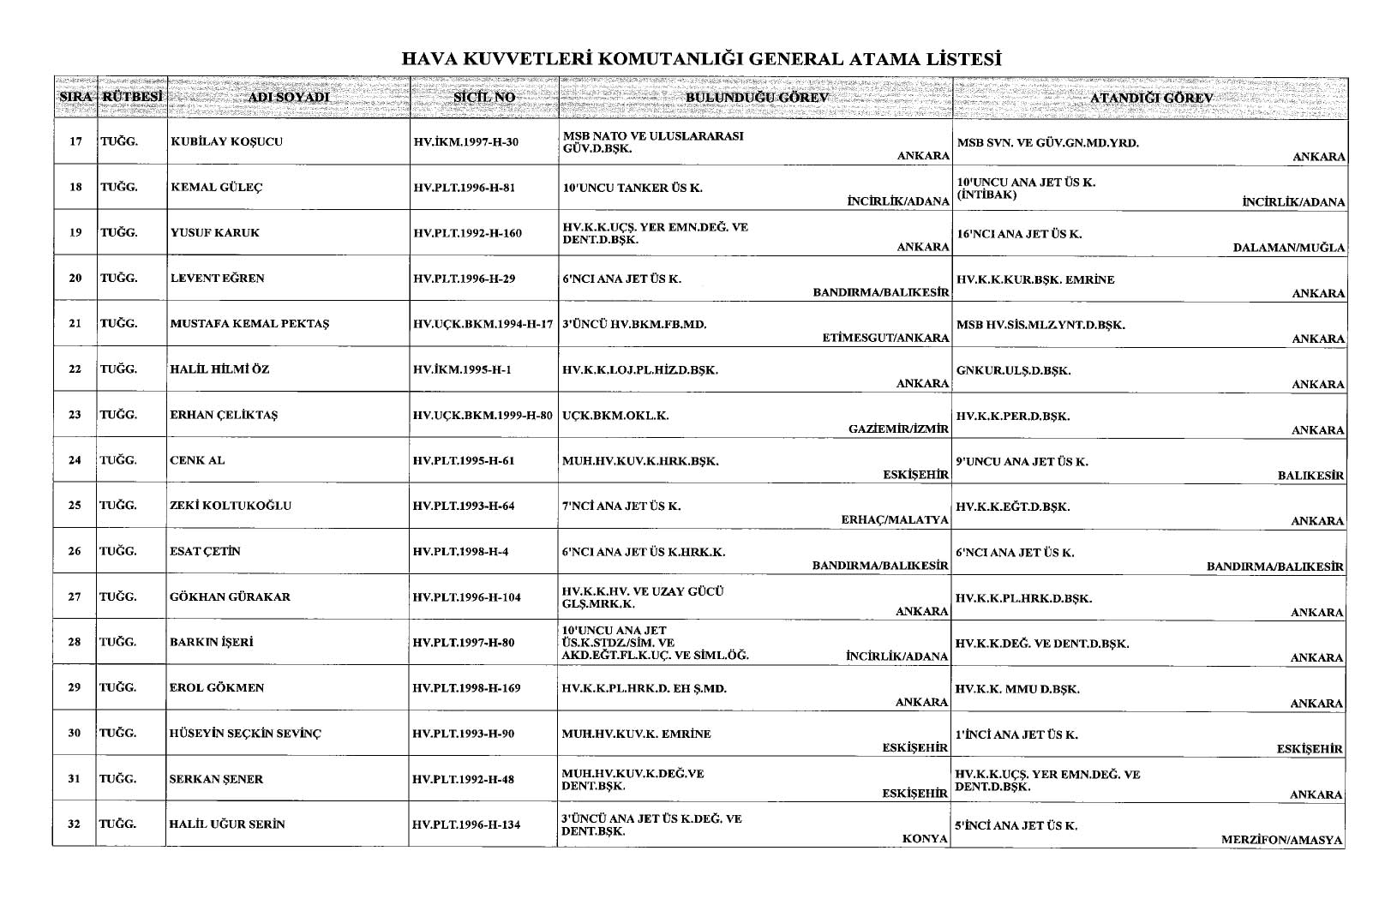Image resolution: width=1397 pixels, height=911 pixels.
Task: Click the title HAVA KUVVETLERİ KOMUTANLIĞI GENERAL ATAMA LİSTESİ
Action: pos(702,59)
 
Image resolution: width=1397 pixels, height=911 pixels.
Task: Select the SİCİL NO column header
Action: pos(484,98)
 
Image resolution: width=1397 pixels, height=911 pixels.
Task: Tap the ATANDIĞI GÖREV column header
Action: pos(1151,98)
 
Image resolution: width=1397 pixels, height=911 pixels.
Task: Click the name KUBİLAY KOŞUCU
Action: pos(226,141)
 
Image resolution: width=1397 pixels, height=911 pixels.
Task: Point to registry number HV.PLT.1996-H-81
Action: pos(464,188)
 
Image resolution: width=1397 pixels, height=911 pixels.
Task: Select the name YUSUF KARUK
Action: pos(214,233)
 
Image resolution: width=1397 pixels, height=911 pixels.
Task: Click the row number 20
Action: pos(75,279)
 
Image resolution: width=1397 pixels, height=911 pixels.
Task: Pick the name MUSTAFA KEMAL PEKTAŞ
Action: pos(250,324)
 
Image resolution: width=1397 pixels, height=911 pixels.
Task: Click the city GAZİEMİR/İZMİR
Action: pos(898,429)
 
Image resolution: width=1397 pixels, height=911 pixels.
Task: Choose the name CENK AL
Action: pos(198,460)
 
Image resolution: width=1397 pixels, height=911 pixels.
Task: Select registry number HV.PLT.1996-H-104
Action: pos(466,597)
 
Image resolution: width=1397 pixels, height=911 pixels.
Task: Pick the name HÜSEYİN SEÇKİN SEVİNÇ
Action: pos(246,734)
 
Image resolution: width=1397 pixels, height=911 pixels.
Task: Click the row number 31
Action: pos(75,779)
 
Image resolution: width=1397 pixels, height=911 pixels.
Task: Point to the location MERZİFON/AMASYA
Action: pos(1282,840)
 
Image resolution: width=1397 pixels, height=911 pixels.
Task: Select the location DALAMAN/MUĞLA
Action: pos(1289,248)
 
